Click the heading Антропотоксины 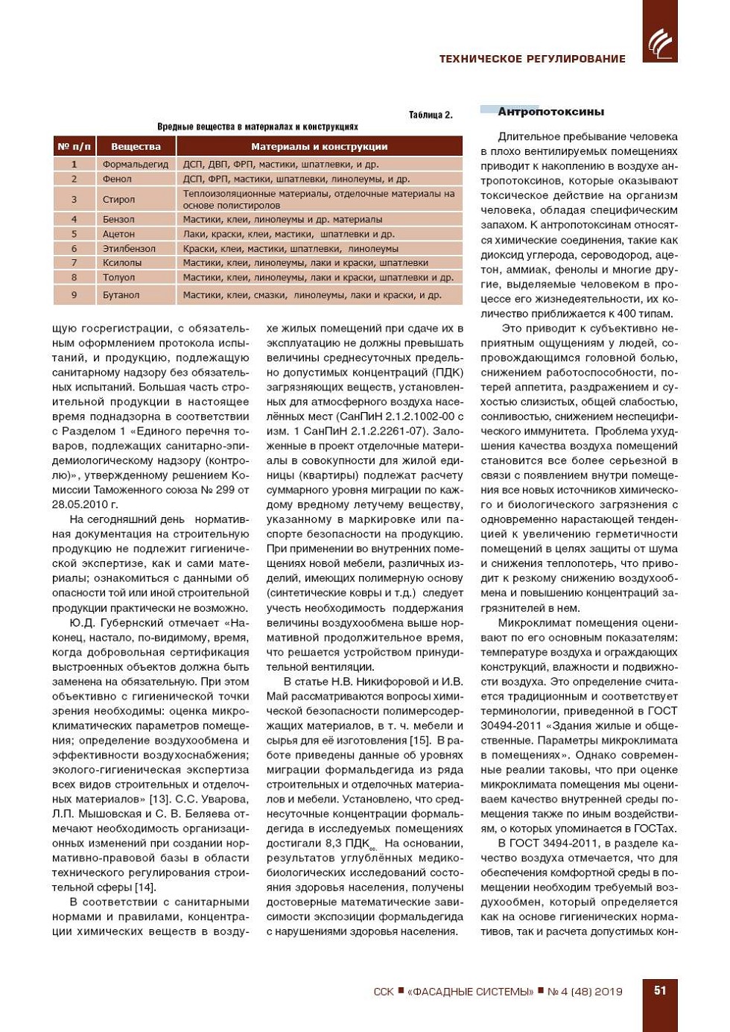coord(550,112)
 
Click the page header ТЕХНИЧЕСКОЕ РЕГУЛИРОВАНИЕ coord(532,59)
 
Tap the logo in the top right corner coord(659,42)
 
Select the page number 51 coord(660,990)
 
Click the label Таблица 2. coord(431,115)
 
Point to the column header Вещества coord(136,146)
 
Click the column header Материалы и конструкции coord(319,146)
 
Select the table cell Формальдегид coord(136,164)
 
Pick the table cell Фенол coord(117,179)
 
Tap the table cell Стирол coord(119,199)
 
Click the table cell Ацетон coord(119,234)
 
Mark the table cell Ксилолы coord(122,262)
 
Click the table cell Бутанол coord(121,295)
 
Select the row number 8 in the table coord(74,277)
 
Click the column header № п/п coord(74,146)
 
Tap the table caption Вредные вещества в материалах coord(257,127)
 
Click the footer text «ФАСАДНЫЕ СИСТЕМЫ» coord(470,991)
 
